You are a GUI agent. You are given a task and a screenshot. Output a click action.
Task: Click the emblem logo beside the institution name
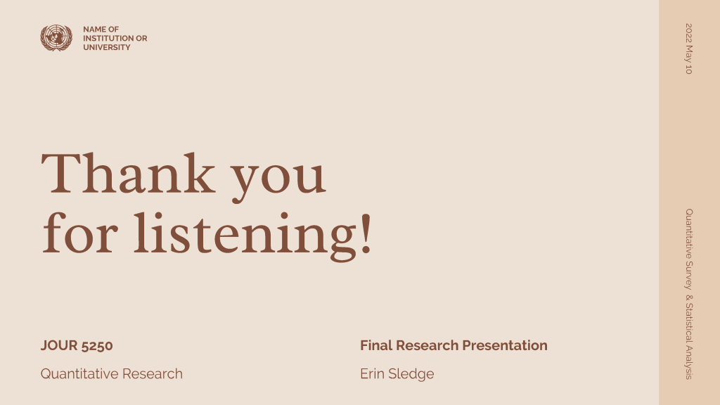point(56,38)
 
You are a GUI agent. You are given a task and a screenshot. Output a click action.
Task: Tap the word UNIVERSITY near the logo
point(107,47)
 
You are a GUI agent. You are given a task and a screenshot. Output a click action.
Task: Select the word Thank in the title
point(128,173)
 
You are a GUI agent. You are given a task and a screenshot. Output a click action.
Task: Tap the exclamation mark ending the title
point(366,233)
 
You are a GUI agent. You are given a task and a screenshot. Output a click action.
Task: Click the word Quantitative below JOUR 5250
point(79,374)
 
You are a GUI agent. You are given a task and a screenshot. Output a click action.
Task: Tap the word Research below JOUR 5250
point(153,374)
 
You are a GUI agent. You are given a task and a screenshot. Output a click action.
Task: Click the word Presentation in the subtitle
point(505,345)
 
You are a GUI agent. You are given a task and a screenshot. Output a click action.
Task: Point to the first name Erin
point(373,374)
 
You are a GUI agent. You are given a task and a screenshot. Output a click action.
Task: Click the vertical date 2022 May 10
point(689,49)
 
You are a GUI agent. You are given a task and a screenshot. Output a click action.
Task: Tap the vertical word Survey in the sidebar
point(689,275)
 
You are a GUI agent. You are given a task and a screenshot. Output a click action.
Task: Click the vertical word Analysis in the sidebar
point(689,362)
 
